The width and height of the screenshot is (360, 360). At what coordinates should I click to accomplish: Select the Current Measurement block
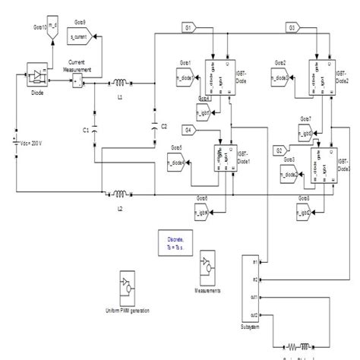77,81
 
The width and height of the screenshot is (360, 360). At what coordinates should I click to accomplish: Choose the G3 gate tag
291,27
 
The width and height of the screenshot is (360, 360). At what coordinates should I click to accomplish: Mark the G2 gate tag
279,150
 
